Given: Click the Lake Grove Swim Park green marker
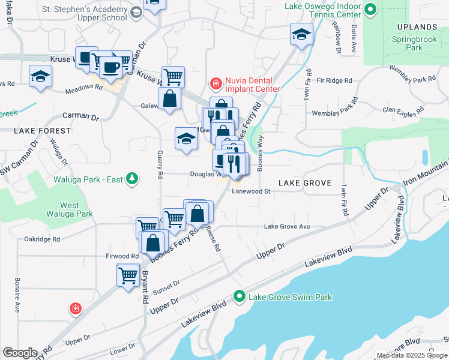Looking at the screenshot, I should (240, 297).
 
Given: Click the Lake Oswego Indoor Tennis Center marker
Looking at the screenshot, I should (370, 9).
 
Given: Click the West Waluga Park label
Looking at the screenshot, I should (70, 209).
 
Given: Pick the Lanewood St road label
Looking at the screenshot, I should (252, 192).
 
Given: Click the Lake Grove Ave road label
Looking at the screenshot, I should (287, 226).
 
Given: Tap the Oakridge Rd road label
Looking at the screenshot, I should (42, 239).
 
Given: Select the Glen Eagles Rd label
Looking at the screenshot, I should (403, 110).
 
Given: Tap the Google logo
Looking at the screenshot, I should (20, 353).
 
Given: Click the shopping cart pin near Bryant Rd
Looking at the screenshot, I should (128, 276).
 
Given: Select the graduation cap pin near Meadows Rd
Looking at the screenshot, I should (40, 76).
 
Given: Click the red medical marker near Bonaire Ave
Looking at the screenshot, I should (75, 308).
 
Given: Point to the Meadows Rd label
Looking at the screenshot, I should (83, 86).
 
